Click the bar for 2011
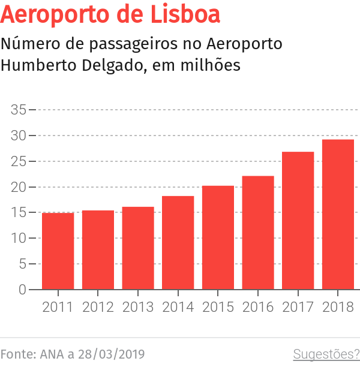[58, 251]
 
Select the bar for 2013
[138, 248]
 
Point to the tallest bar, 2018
[338, 215]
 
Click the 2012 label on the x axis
[98, 307]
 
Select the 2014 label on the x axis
[178, 307]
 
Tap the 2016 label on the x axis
[258, 307]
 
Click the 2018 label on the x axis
[338, 307]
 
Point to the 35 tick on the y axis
[19, 110]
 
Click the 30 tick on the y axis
[19, 136]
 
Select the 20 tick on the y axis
[19, 187]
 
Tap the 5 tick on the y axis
[22, 264]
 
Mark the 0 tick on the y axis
[22, 290]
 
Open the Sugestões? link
[326, 354]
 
